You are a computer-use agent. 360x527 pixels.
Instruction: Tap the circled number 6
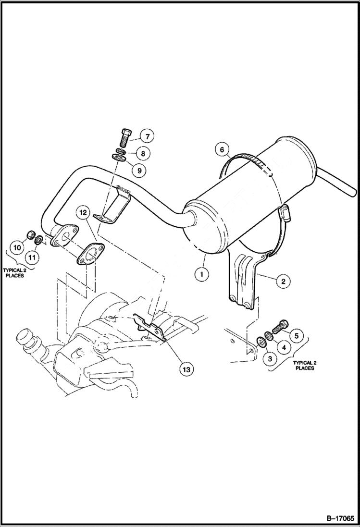[x=222, y=150]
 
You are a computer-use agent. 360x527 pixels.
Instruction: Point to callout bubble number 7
[x=147, y=136]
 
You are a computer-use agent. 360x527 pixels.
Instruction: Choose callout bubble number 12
[x=83, y=212]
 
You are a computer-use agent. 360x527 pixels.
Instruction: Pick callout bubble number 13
[x=186, y=369]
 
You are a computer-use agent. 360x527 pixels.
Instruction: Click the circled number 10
[x=17, y=248]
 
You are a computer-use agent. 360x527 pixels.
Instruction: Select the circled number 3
[x=270, y=358]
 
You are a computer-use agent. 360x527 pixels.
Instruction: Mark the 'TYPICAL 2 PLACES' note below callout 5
[x=305, y=365]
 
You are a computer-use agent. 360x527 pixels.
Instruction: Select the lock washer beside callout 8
[x=123, y=151]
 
